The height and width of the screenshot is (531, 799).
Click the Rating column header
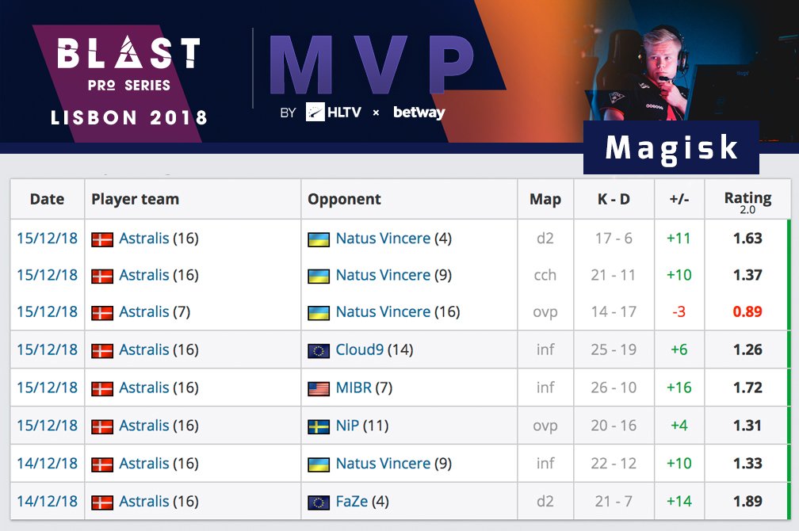coord(747,199)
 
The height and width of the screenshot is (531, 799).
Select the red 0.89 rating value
coord(747,311)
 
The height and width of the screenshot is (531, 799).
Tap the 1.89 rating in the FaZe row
coord(747,501)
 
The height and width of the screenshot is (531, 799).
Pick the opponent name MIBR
coord(354,388)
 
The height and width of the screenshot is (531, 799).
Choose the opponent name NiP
coord(347,426)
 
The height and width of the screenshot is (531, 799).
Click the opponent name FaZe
coord(351,501)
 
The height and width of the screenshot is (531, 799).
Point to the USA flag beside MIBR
coord(319,388)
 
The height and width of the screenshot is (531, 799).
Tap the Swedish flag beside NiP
coord(319,426)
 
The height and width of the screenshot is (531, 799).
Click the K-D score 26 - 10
coord(614,388)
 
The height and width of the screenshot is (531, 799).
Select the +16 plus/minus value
coord(679,388)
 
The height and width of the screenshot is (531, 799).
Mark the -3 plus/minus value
coord(679,311)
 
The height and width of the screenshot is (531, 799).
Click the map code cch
coord(545,275)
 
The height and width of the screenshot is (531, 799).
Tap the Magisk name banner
coord(671,148)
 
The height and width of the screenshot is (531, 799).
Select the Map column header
coord(545,199)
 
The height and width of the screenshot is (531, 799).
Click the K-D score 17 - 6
coord(614,238)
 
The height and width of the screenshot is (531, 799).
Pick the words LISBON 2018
coord(128,118)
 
